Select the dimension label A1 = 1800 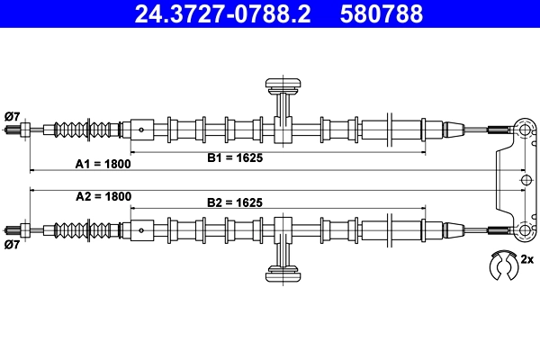103,164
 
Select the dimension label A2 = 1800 103,196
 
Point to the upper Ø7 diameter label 13,115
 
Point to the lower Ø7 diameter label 13,244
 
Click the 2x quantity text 528,262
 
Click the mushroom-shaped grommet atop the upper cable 283,86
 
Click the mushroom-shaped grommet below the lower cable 283,272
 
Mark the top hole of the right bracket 525,130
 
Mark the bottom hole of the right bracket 525,229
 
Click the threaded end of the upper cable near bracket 500,130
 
